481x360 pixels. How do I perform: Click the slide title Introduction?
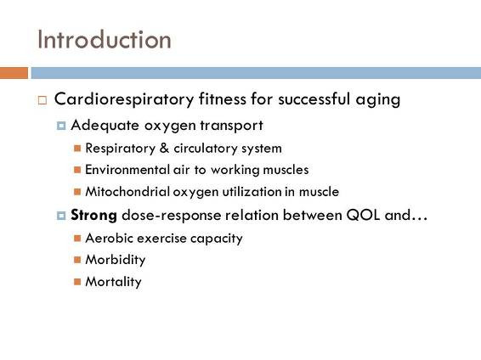tap(104, 40)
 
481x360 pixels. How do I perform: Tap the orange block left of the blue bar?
tap(14, 73)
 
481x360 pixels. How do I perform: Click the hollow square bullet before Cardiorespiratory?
tap(42, 100)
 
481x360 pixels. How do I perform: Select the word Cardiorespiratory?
tap(124, 99)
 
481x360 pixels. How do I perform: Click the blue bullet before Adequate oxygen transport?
tap(61, 126)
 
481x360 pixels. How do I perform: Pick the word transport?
tap(232, 126)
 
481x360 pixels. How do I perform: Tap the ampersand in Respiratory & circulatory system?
tap(164, 148)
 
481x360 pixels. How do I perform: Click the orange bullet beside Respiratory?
tap(77, 149)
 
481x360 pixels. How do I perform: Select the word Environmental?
tap(127, 170)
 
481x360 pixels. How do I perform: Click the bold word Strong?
tap(93, 215)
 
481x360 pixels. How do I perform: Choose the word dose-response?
tap(171, 216)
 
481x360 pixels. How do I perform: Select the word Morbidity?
tap(116, 260)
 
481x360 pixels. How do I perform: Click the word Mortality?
tap(114, 282)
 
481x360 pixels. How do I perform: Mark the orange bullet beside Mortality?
tap(77, 282)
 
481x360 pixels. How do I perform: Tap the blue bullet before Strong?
tap(61, 216)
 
